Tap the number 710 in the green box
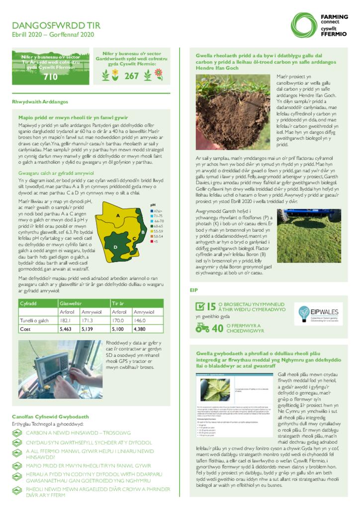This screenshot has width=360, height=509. (x=51, y=77)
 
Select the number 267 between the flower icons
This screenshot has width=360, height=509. (x=131, y=76)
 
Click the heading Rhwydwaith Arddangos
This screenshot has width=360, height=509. (x=40, y=101)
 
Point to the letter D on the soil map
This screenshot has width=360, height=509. (x=115, y=247)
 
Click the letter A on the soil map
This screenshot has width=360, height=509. (x=117, y=215)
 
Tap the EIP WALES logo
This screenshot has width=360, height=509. (x=317, y=313)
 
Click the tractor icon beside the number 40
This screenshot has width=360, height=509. (x=202, y=328)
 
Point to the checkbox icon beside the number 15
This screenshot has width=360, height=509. (x=200, y=307)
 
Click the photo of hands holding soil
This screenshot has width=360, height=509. (x=232, y=113)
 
